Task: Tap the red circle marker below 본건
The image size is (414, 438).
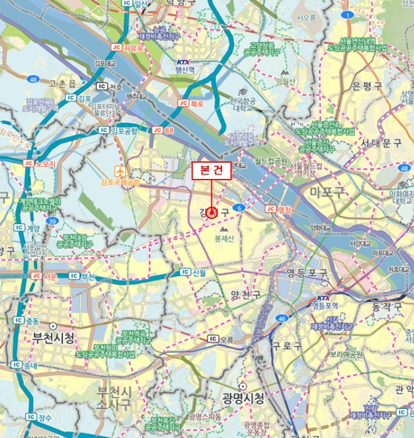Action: (x=211, y=213)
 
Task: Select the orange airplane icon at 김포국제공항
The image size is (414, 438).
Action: (x=119, y=171)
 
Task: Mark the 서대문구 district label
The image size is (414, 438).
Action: (x=381, y=143)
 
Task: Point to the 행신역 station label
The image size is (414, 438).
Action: (x=183, y=70)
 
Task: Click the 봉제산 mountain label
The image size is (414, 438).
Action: (x=223, y=239)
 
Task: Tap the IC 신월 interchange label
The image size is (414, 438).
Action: (x=193, y=272)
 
